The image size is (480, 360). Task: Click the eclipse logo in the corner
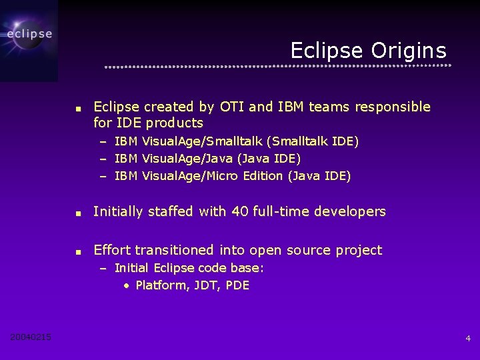click(29, 33)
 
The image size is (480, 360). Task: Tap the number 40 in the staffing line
click(239, 211)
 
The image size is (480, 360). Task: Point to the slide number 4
click(467, 339)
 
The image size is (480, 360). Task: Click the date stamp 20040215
click(31, 337)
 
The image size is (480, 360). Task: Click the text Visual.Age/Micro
click(193, 176)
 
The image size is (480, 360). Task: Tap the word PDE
click(237, 285)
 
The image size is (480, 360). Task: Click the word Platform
click(161, 285)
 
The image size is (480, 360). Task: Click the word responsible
click(393, 107)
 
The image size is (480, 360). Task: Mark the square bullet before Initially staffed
click(78, 213)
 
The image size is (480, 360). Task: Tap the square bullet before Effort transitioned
click(78, 252)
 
